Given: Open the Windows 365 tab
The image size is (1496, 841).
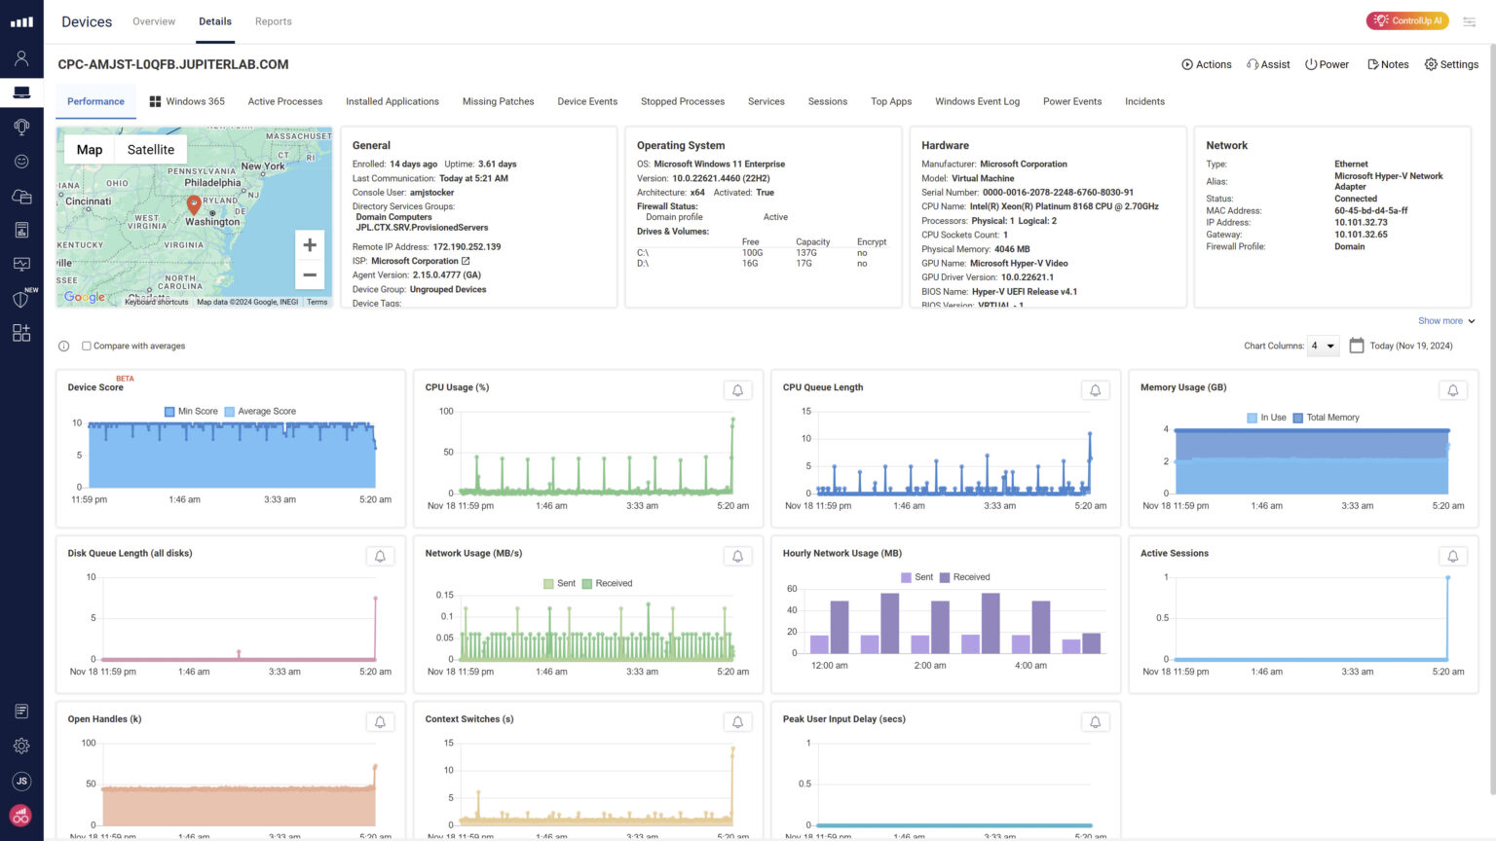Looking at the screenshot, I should (187, 101).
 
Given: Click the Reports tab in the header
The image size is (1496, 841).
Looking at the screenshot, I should (273, 21).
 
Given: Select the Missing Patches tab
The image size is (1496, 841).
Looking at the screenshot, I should (498, 101).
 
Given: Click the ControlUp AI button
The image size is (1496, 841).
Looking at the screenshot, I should (1407, 20).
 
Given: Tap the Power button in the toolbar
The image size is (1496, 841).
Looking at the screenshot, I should (1327, 64).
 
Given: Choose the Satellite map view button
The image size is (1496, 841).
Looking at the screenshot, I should (151, 150).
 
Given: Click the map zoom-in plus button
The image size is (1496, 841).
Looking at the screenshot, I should (310, 245).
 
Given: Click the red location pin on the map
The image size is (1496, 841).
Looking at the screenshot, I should (194, 203).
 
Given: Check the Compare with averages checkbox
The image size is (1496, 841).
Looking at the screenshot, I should (87, 346).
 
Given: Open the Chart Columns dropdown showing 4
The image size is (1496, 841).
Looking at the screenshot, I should (1322, 346).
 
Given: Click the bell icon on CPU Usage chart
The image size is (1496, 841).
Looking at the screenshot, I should (737, 390).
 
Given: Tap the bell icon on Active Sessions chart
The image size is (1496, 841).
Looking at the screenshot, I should (1452, 556).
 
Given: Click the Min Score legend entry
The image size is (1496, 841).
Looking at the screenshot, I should (192, 412).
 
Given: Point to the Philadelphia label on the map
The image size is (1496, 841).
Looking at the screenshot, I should (212, 183).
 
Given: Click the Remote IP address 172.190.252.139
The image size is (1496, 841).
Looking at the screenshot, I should (467, 247).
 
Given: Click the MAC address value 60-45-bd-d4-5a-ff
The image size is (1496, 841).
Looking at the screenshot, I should (1370, 210).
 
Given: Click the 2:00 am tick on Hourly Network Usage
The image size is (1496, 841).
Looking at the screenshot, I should (929, 666).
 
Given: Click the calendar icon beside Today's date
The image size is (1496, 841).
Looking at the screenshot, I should (1356, 346).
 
